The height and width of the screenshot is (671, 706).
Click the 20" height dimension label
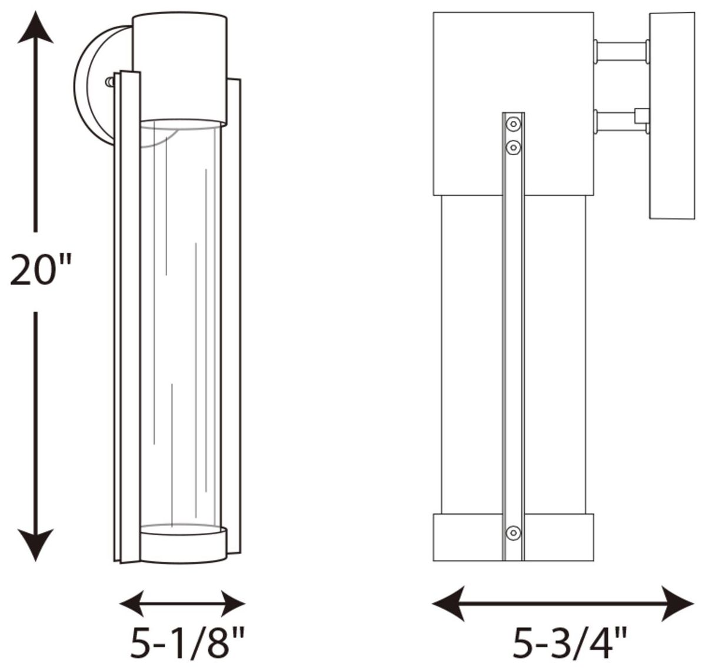(41, 269)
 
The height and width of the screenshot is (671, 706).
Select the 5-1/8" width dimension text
(187, 643)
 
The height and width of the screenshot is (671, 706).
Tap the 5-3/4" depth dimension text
(570, 643)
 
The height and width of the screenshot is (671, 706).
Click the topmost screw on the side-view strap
(513, 124)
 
